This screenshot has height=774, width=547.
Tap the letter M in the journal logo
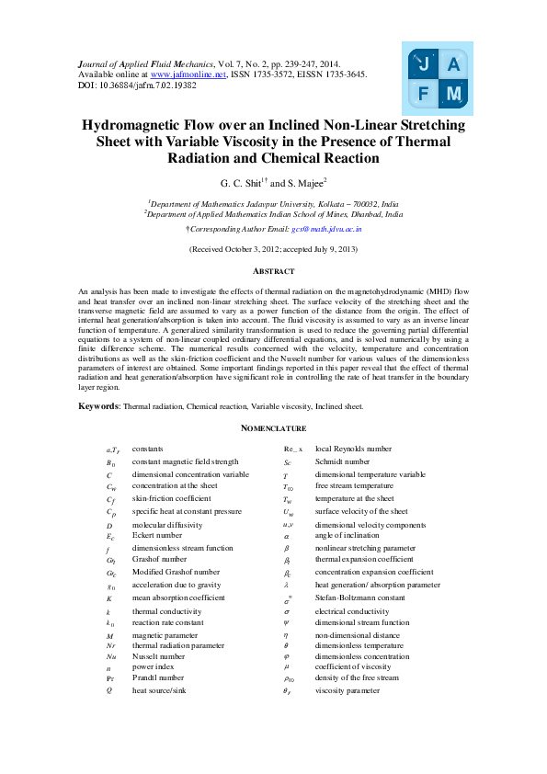[x=453, y=94]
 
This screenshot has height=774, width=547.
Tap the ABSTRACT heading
[x=273, y=271]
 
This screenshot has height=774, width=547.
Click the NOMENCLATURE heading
[x=273, y=428]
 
